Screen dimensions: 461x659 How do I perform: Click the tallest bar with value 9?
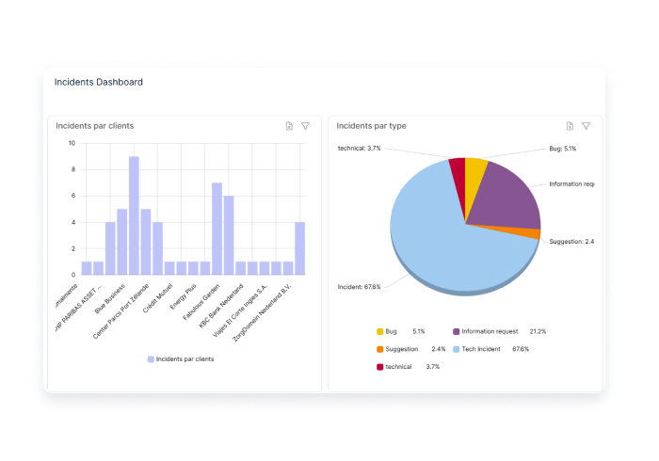point(134,215)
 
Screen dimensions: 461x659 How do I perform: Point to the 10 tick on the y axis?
point(72,143)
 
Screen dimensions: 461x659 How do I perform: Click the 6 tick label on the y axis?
point(73,196)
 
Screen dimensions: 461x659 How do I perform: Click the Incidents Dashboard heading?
point(99,82)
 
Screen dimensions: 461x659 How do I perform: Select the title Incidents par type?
point(371,125)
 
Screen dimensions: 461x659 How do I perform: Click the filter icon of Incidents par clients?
point(305,126)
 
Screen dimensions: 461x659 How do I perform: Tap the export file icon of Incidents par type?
point(570,126)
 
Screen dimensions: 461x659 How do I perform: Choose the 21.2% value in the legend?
point(538,331)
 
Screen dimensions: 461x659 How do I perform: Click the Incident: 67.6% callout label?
point(359,287)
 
